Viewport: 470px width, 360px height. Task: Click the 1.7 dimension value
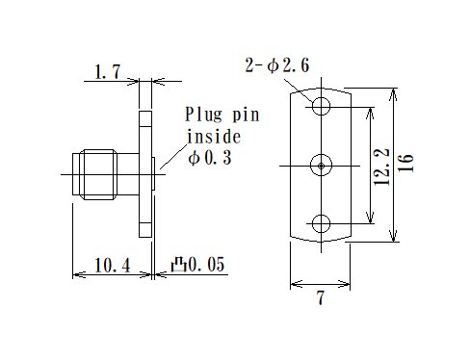106,70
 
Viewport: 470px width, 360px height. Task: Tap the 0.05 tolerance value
206,264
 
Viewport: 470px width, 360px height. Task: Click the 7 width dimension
320,299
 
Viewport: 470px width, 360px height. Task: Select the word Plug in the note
204,114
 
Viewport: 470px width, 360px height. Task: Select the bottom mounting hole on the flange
321,224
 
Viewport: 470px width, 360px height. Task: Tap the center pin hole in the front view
321,166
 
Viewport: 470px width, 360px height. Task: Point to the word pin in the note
247,114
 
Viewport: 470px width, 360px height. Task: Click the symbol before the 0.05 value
178,264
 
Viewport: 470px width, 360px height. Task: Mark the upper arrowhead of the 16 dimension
392,94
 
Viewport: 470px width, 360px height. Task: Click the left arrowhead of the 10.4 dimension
77,275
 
